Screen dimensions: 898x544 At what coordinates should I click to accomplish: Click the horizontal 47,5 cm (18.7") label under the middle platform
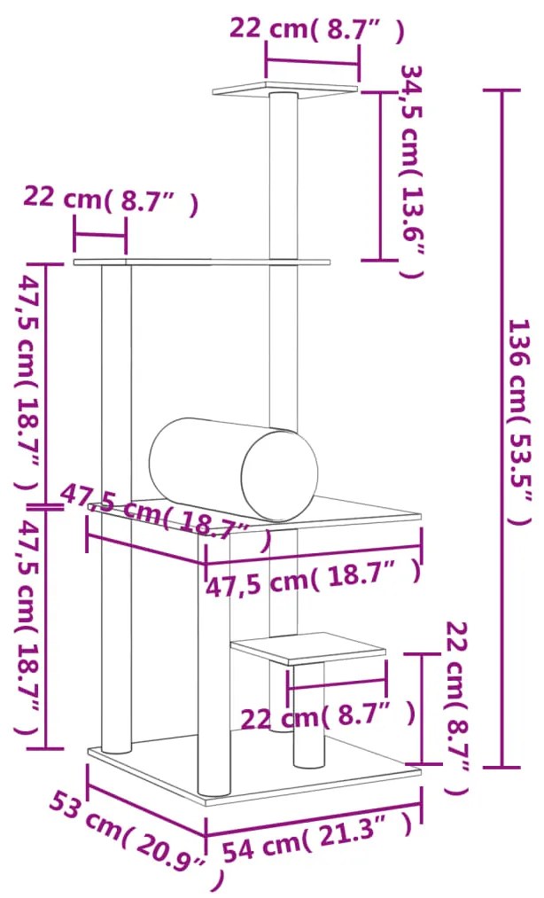[312, 581]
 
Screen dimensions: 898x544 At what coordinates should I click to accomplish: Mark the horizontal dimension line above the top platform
[313, 62]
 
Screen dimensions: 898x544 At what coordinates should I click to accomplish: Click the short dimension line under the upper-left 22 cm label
[100, 235]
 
